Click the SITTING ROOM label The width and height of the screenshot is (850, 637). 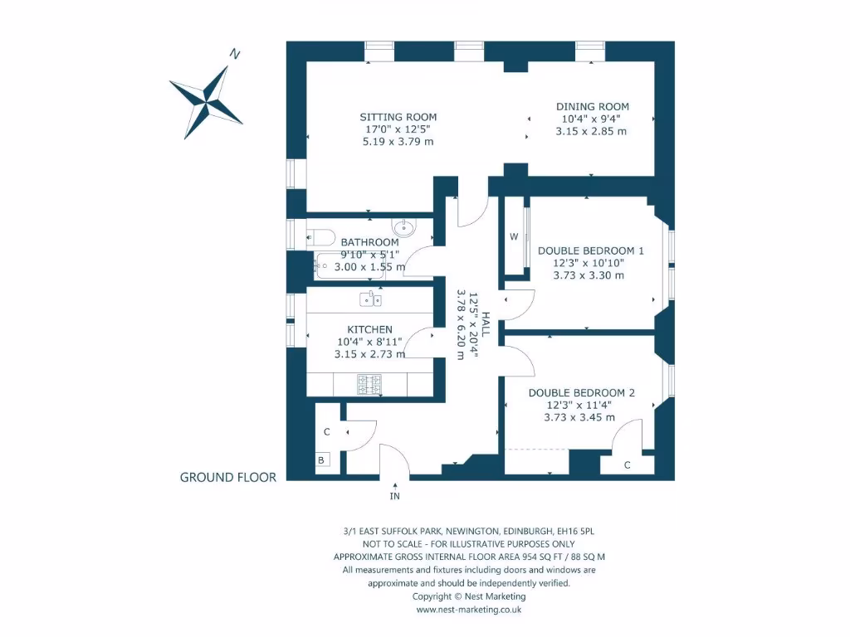[398, 117]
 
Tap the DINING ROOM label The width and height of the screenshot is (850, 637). [592, 106]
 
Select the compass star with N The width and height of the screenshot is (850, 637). [206, 99]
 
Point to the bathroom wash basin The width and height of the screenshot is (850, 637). [403, 226]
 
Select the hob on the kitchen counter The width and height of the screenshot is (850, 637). [369, 384]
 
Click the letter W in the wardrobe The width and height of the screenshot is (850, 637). [514, 236]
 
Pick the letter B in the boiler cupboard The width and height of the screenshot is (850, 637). [321, 460]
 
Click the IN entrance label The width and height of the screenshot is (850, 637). [395, 496]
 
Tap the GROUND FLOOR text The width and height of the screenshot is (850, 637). [228, 477]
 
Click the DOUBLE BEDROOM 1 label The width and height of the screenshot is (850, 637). [590, 250]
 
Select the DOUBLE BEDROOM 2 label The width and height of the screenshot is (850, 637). [581, 392]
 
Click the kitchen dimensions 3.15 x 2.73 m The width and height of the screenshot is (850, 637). [369, 354]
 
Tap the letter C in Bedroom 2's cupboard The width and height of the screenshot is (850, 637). [628, 465]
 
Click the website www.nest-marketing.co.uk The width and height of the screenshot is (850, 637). [468, 609]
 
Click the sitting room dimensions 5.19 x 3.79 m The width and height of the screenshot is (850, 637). [398, 142]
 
